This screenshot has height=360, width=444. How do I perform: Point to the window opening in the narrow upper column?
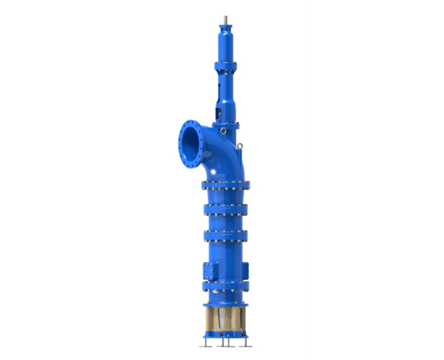[220, 113]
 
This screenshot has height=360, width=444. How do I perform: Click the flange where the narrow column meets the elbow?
[226, 125]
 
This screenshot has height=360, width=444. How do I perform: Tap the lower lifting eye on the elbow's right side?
[239, 146]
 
